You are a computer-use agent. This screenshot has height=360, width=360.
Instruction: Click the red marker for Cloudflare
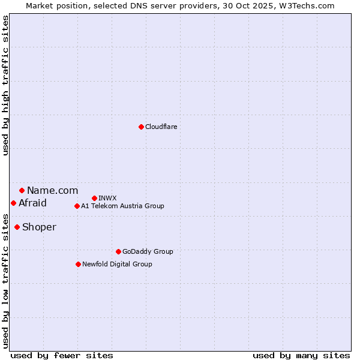pos(141,127)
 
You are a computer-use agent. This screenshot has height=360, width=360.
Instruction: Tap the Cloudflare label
pos(161,127)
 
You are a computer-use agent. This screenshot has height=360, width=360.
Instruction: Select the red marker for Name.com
pos(22,190)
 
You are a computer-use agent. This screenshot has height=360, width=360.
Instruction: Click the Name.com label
pos(52,191)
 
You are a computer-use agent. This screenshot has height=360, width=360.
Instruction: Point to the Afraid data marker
pos(13,203)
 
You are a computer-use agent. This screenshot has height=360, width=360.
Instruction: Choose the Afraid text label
pos(32,203)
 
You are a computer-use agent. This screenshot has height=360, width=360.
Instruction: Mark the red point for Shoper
pos(17,227)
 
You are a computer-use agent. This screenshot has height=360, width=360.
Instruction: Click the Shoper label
pos(39,227)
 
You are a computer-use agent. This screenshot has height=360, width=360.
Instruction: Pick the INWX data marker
pos(94,198)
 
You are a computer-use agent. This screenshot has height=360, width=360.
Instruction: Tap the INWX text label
pos(107,198)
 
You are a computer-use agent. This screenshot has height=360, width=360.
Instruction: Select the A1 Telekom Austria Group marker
pos(77,206)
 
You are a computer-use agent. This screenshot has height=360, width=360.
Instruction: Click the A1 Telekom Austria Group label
pos(122,206)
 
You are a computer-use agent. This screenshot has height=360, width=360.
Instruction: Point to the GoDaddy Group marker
pos(118,251)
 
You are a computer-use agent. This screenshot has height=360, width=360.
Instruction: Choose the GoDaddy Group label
pos(148,251)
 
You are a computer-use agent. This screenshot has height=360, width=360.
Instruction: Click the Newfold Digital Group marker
pos(78,264)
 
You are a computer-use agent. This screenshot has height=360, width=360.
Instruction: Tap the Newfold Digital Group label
pos(117,264)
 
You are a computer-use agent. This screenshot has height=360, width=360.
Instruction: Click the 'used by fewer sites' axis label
pos(62,355)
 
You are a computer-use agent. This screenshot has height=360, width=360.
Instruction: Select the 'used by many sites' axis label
pos(301,355)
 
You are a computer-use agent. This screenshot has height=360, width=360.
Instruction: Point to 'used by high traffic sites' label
pos(5,85)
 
